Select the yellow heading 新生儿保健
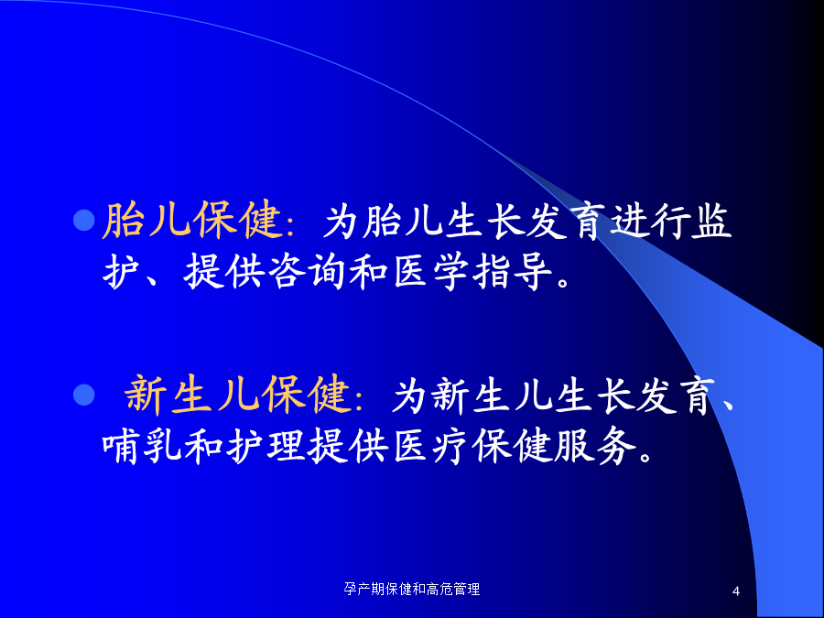237,393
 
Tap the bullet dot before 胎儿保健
83,220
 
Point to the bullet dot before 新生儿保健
83,395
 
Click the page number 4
736,591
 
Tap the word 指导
512,271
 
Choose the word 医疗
430,446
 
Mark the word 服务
595,446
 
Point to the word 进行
649,220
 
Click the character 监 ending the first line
711,220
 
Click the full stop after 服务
645,455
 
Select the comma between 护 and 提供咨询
154,279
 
